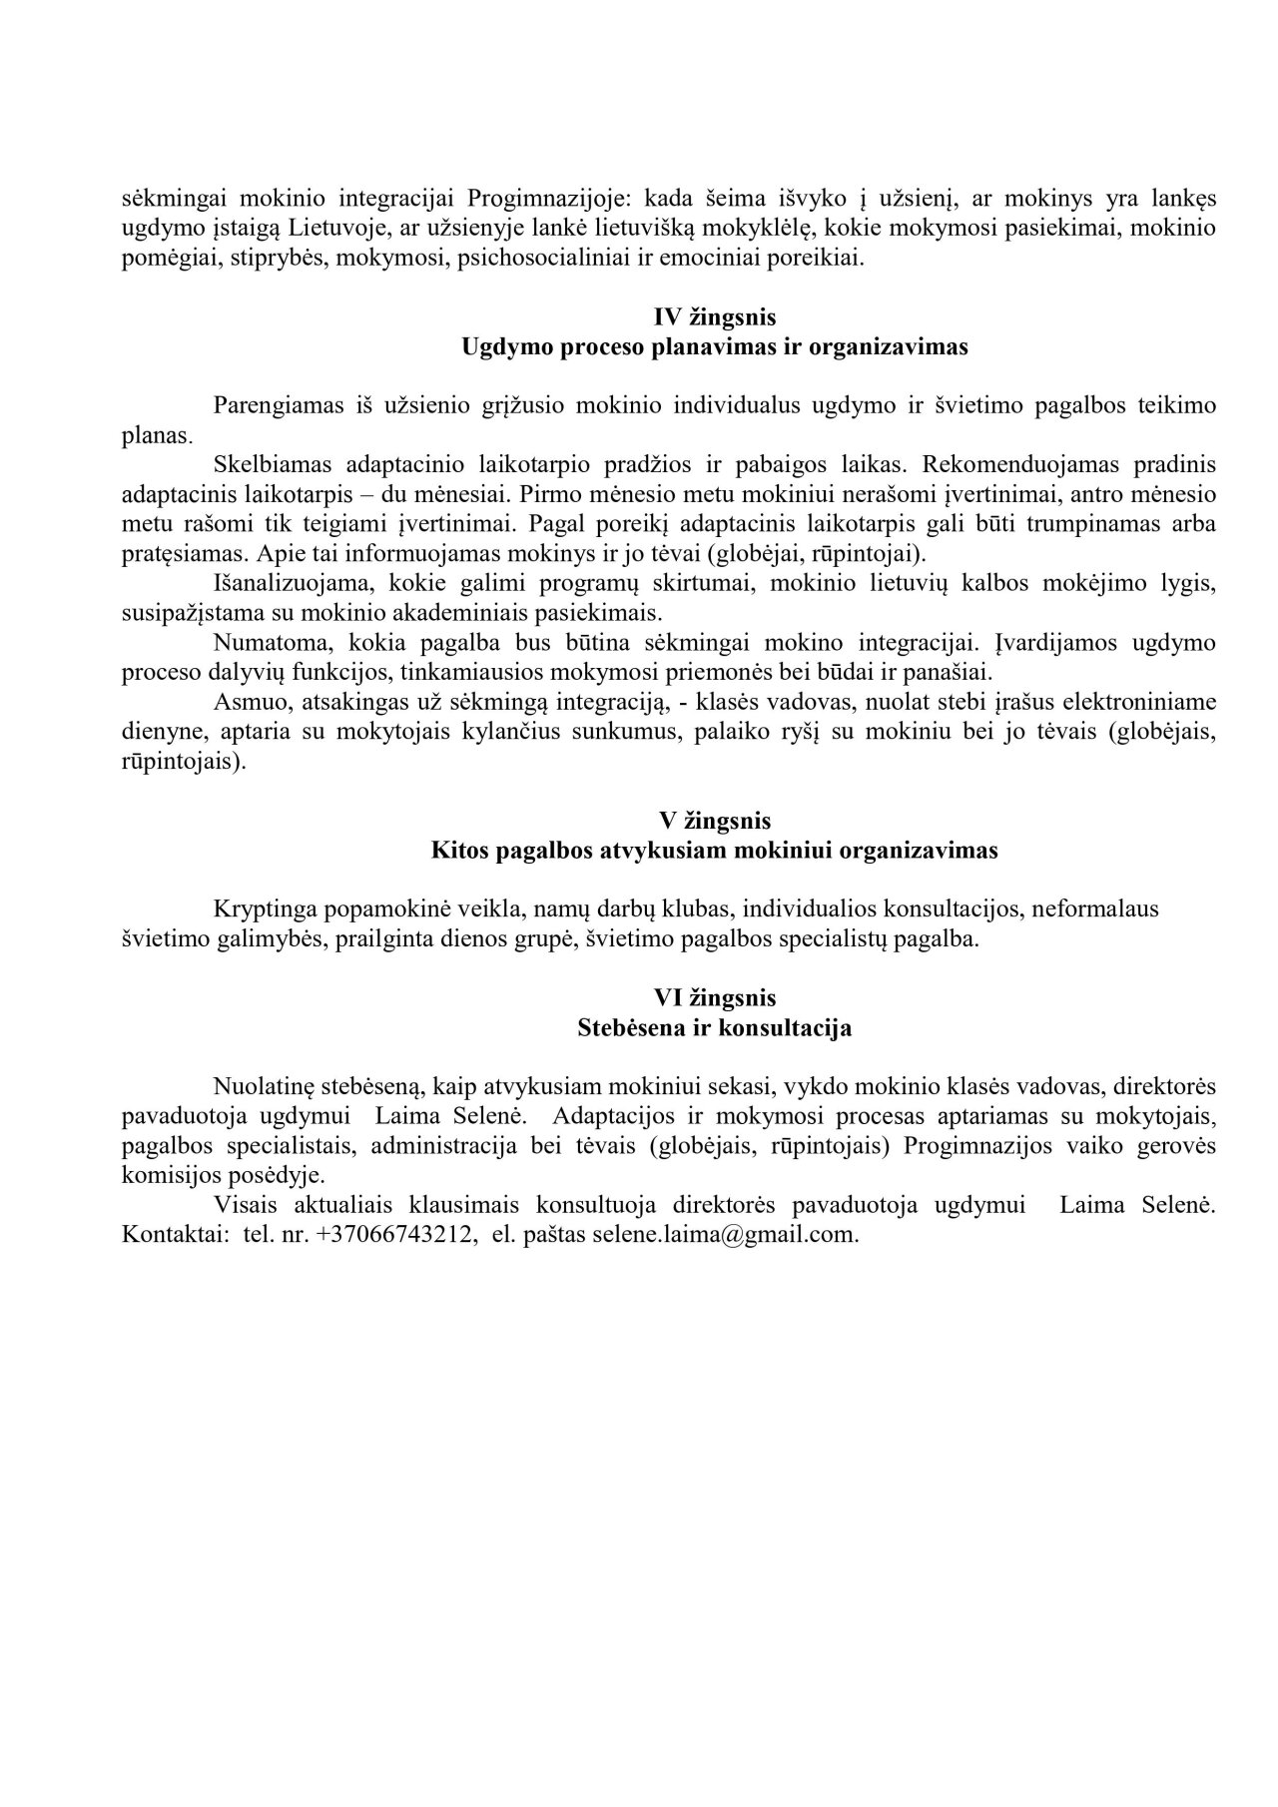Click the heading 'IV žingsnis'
click(x=714, y=317)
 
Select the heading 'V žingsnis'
click(x=714, y=821)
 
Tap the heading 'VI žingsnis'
click(x=714, y=997)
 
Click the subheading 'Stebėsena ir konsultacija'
click(x=714, y=1027)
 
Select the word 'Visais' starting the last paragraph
click(x=245, y=1205)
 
